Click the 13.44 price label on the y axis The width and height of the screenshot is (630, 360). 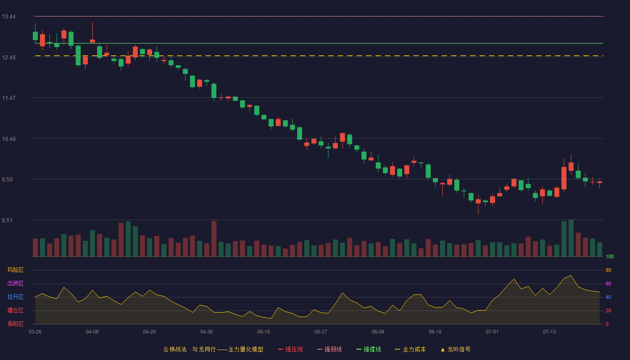click(9, 17)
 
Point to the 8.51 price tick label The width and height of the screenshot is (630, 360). click(7, 220)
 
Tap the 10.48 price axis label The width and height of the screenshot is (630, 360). click(9, 139)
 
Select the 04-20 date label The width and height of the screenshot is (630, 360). click(149, 332)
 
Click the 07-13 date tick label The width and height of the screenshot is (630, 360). click(549, 332)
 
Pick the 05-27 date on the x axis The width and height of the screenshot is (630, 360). click(320, 332)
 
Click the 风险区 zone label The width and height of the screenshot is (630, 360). click(15, 270)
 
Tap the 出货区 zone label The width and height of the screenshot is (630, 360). click(15, 283)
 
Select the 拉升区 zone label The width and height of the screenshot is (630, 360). click(15, 297)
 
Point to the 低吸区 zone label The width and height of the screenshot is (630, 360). click(15, 324)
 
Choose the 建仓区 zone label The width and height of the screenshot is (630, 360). click(15, 310)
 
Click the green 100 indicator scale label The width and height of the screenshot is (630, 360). click(610, 256)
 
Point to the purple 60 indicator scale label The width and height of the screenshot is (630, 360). click(608, 283)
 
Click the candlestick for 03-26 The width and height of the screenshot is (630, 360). click(35, 36)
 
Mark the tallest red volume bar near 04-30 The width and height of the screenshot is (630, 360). click(214, 239)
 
